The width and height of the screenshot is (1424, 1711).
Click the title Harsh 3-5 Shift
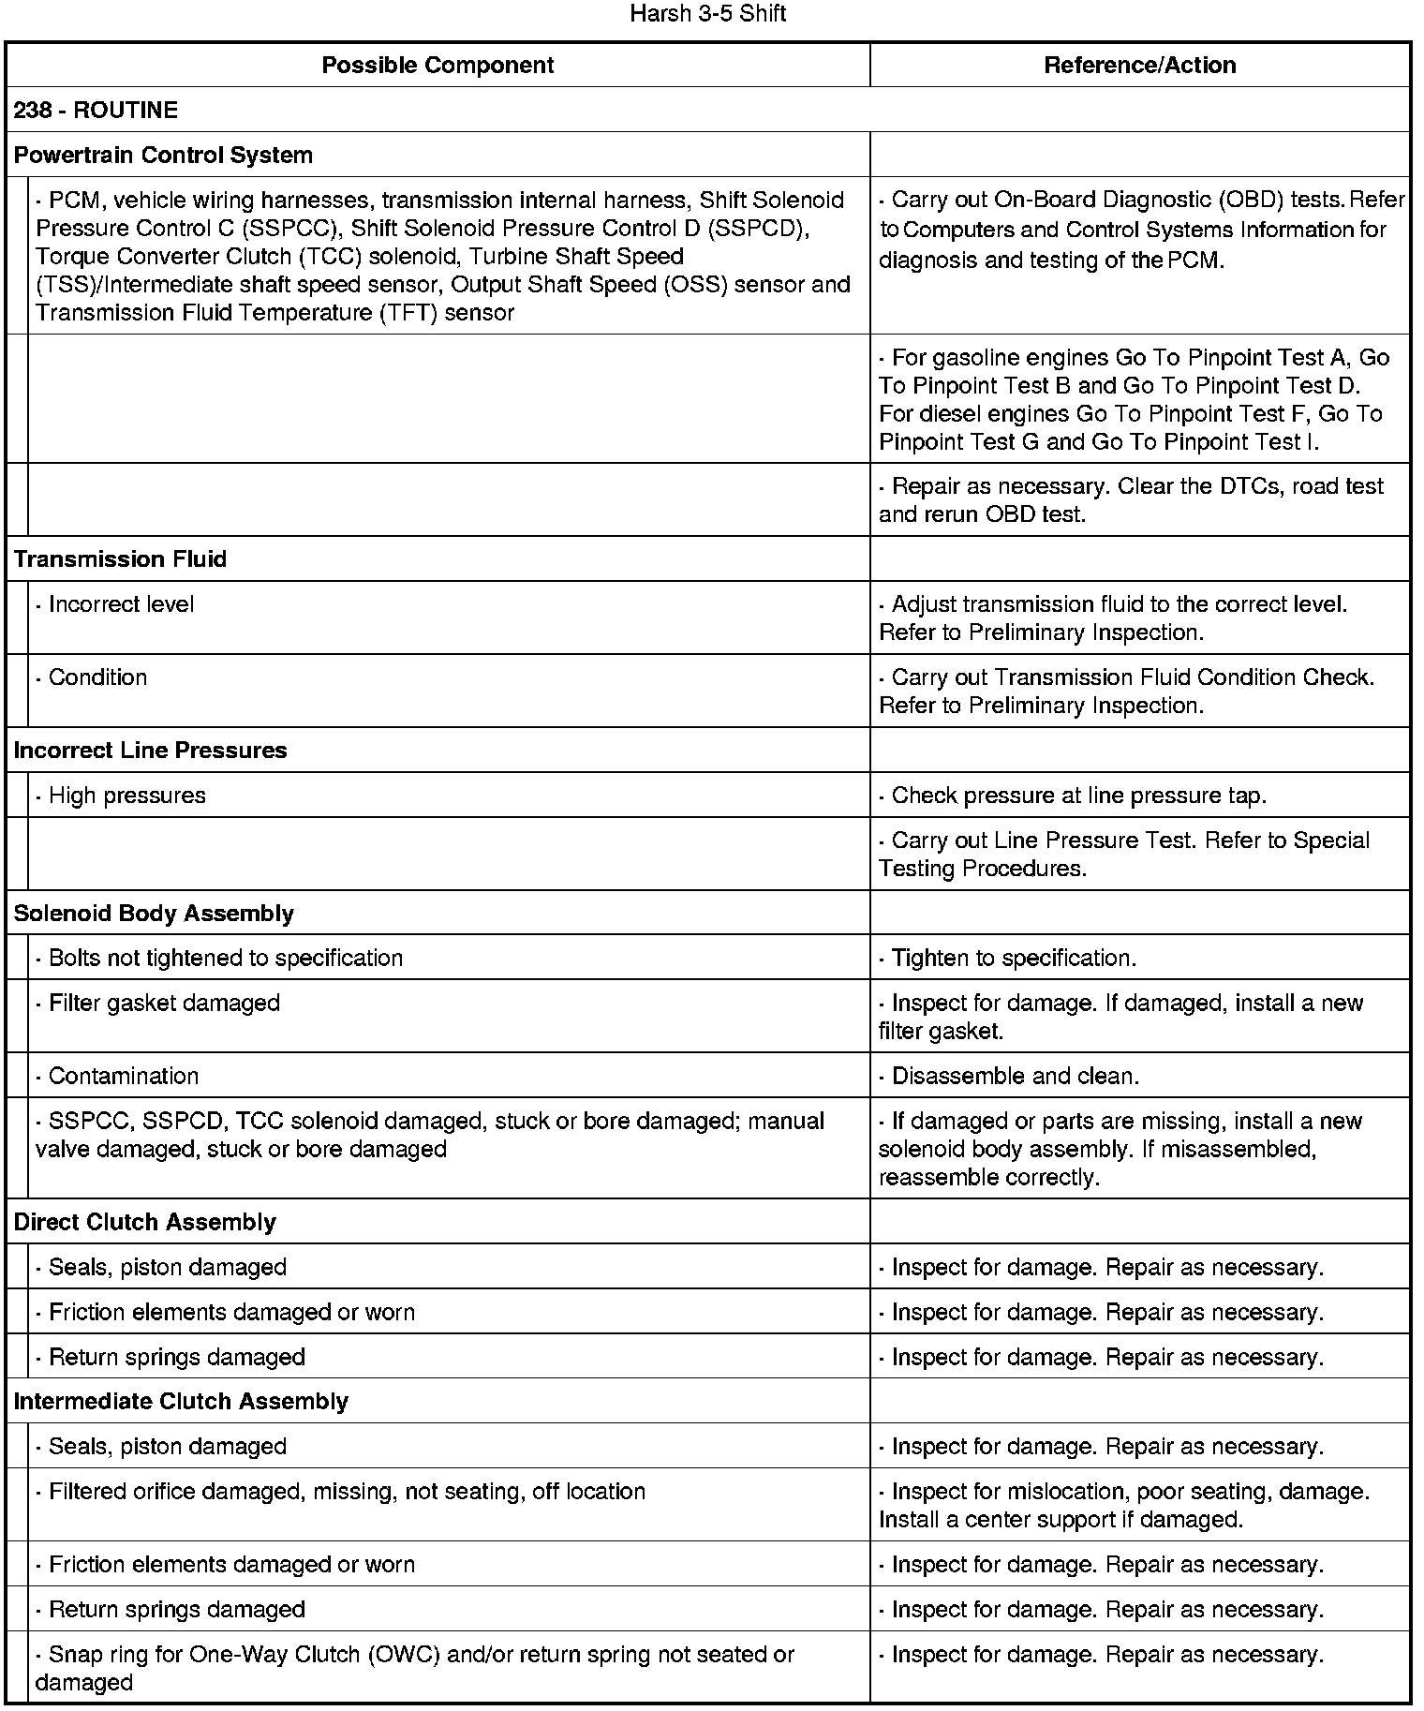[707, 14]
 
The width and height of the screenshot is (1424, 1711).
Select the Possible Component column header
[438, 65]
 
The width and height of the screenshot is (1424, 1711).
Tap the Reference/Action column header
[1139, 65]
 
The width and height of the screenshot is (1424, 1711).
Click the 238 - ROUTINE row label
[96, 110]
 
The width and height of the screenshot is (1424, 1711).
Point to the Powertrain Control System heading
[163, 155]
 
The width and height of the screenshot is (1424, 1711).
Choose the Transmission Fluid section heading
[120, 559]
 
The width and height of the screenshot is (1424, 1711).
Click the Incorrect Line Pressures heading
[150, 751]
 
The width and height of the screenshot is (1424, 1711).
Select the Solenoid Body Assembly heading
[154, 914]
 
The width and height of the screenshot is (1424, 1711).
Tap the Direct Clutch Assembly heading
[144, 1222]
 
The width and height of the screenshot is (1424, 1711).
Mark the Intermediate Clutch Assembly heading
[181, 1401]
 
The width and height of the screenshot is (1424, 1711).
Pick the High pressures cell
[121, 796]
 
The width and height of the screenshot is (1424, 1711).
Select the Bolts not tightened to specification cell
[219, 958]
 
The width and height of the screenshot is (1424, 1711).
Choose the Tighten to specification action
[1007, 958]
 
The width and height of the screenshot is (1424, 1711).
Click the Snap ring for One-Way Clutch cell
[414, 1655]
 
